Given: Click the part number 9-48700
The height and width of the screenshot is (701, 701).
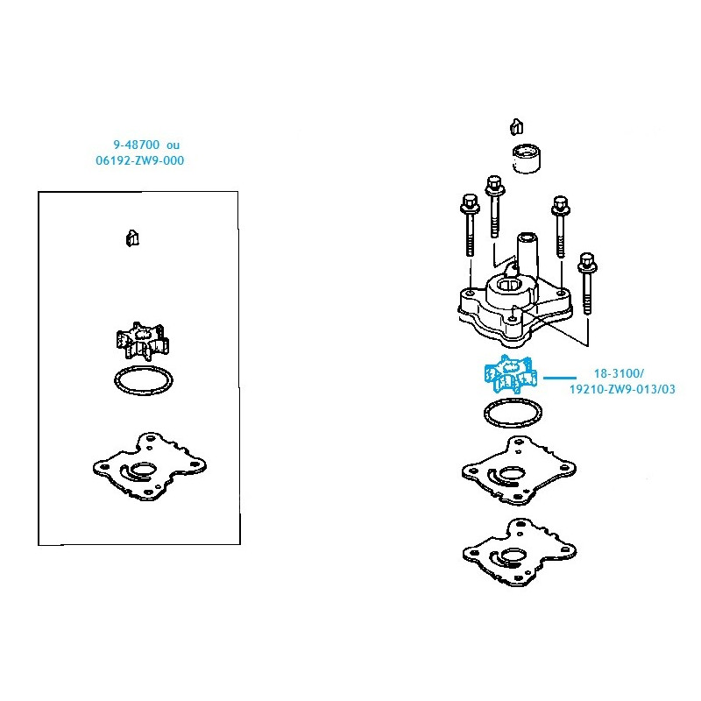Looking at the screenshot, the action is [x=137, y=145].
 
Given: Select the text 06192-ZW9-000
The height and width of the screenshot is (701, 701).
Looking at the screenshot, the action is [x=140, y=160].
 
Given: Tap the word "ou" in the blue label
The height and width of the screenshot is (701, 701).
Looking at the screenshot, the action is [x=173, y=145].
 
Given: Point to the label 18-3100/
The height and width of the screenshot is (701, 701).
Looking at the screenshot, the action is [x=619, y=373].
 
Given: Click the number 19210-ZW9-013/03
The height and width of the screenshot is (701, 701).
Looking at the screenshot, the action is [x=622, y=389].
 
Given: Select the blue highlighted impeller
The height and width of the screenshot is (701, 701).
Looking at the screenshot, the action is [x=511, y=374].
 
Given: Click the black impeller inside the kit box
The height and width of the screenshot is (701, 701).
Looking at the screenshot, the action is [x=142, y=341].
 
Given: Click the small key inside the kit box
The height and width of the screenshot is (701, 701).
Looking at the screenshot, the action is [x=132, y=238].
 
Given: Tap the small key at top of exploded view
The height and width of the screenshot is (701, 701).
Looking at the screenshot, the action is [x=517, y=127].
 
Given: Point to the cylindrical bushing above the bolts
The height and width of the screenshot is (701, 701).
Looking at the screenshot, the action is [x=527, y=159].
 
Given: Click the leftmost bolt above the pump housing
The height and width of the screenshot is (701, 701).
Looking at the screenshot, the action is [x=470, y=226].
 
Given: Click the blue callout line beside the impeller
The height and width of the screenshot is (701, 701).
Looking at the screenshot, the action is [x=560, y=378].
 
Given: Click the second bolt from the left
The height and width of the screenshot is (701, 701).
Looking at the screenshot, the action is [x=494, y=207].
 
